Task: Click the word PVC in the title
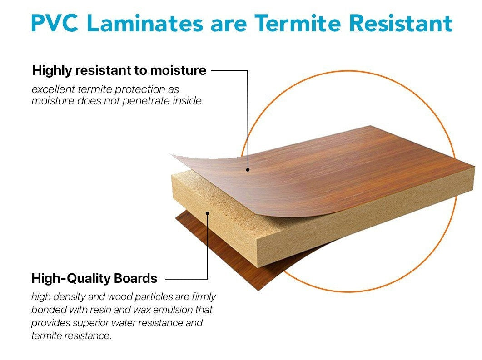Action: click(x=55, y=23)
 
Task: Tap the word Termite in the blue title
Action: click(x=298, y=23)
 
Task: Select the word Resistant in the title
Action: click(x=401, y=23)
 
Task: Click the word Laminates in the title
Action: click(x=145, y=23)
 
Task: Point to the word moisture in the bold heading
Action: click(x=178, y=70)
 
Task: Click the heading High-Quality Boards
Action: click(x=94, y=278)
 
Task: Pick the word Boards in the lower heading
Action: click(x=135, y=278)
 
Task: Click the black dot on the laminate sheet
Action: click(x=248, y=169)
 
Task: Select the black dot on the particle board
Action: click(x=208, y=213)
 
